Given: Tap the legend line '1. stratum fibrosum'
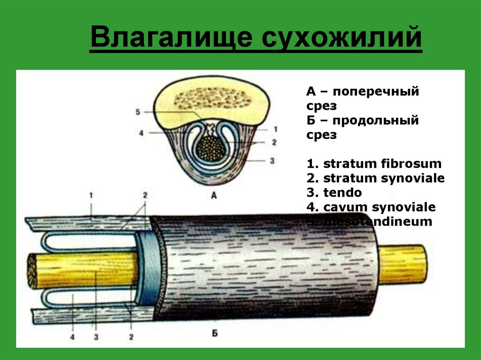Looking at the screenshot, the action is tap(374, 164).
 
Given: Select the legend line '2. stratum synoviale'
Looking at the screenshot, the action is tap(376, 178).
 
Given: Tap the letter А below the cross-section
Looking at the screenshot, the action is tap(214, 197).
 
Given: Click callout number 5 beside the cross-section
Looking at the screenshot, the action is tap(138, 112).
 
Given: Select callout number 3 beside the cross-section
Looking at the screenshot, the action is tap(272, 160).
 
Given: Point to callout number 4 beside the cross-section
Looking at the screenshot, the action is tap(141, 133).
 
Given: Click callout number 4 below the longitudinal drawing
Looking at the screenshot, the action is tap(73, 337).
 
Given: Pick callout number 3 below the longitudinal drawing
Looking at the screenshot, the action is tap(95, 337).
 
